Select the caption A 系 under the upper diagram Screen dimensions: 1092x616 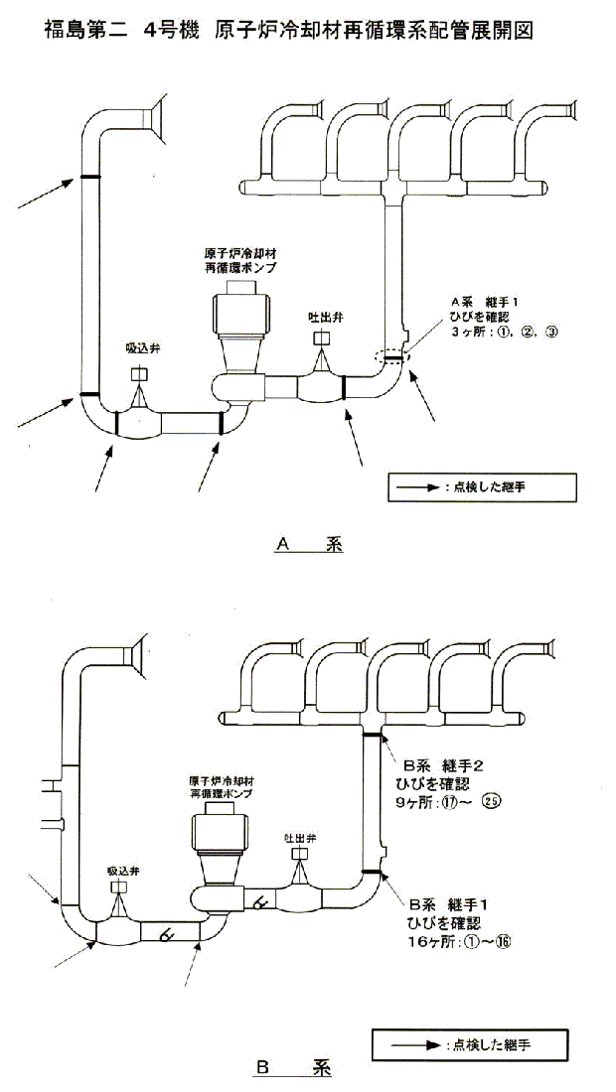pos(308,544)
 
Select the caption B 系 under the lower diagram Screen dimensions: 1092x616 pos(293,1069)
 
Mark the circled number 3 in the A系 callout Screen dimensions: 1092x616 pos(551,333)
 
